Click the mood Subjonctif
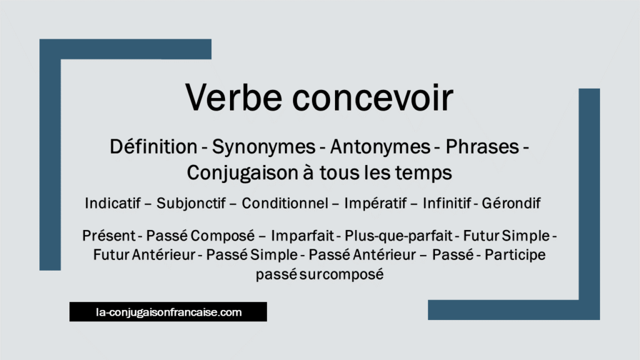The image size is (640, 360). pos(194,204)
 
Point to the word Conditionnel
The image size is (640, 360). pos(284,204)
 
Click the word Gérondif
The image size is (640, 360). pos(516,204)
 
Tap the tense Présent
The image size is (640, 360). pos(108,237)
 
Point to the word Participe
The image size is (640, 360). pos(516,255)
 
